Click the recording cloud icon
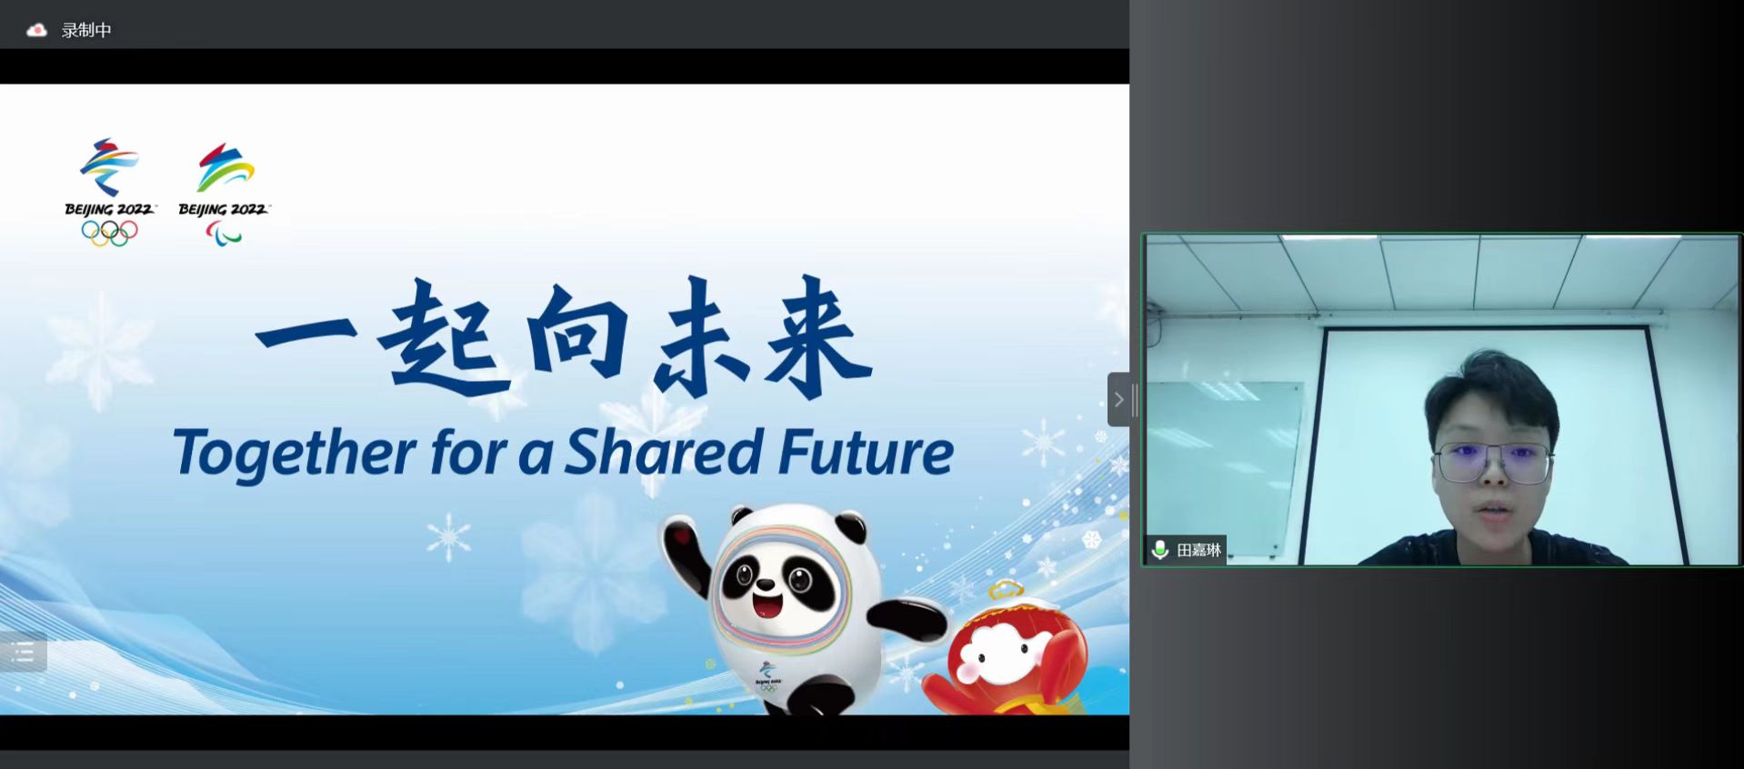coord(36,30)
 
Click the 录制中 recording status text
coord(86,30)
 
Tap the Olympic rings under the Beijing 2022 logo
coord(109,234)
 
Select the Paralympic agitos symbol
coord(224,235)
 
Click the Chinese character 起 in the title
coord(443,338)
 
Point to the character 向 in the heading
coord(578,332)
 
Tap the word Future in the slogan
coord(867,452)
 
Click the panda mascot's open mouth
coord(767,604)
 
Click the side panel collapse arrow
coord(1119,399)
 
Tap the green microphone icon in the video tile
coord(1159,550)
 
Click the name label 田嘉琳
coord(1198,550)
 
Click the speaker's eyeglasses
coord(1493,463)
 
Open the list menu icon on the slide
coord(24,652)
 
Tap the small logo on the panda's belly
coord(767,675)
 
